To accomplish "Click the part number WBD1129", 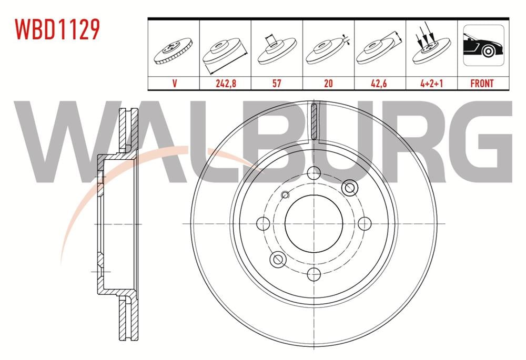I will [x=57, y=30].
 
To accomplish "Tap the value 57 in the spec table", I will [x=277, y=83].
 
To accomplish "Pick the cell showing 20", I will [x=328, y=83].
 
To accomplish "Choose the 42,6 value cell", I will [x=380, y=83].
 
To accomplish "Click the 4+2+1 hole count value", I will [x=431, y=83].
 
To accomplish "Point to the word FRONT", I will [x=482, y=83].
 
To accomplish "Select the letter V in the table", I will [x=173, y=83].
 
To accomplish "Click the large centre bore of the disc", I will [x=313, y=223].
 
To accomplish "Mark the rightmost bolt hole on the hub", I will [x=363, y=223].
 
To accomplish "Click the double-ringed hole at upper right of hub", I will [x=349, y=188].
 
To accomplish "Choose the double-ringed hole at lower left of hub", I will [x=278, y=258].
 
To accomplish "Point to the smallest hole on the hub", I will [x=286, y=195].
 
